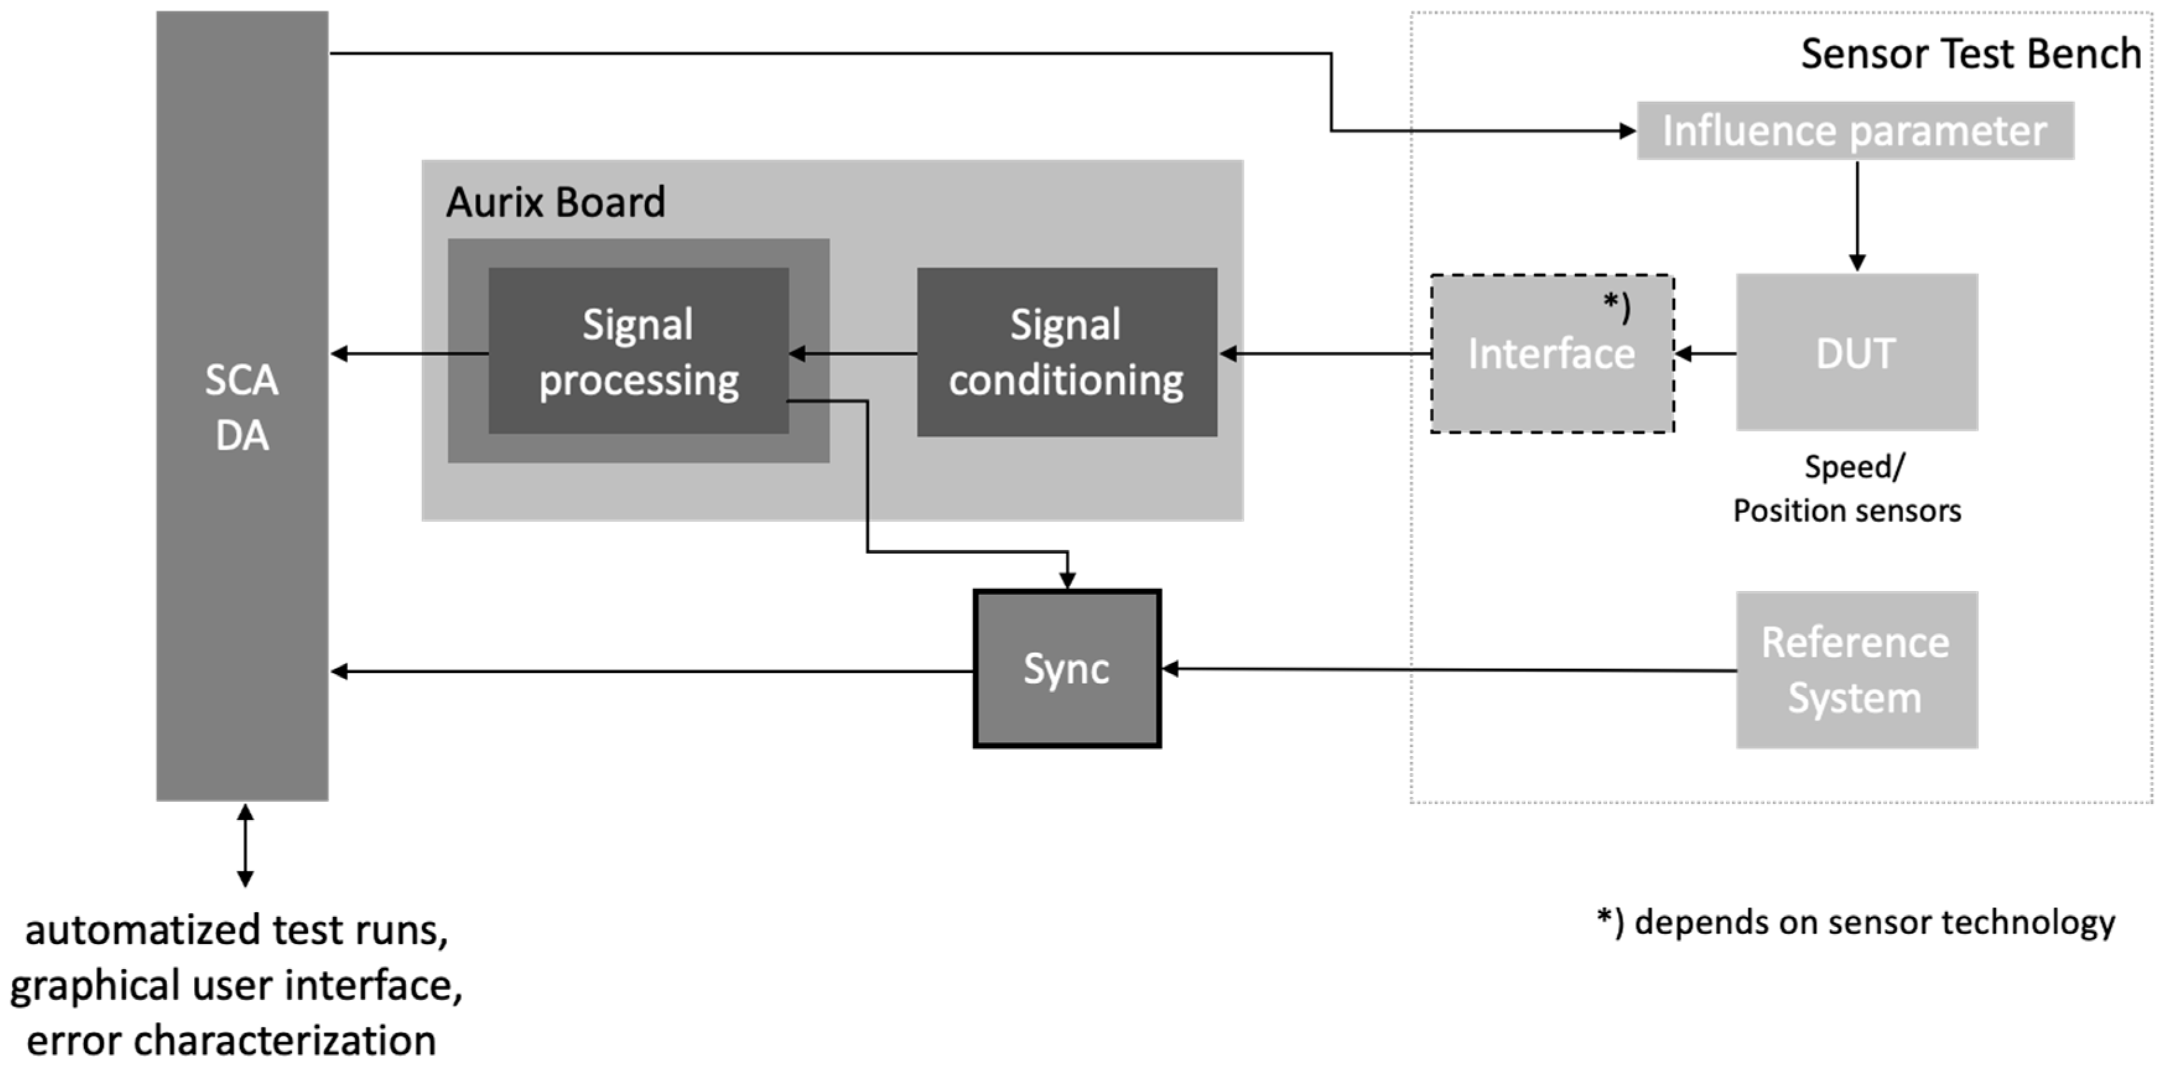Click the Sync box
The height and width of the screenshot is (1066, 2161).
click(x=1066, y=669)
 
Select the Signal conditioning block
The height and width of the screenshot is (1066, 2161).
click(x=1066, y=352)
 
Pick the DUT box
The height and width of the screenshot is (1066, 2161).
click(x=1856, y=352)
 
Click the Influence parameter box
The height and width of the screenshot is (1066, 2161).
click(x=1854, y=131)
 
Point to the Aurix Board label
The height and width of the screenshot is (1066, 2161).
click(x=555, y=202)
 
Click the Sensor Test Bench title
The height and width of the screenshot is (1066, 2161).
click(x=1970, y=54)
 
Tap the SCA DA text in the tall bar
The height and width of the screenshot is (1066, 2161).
click(x=241, y=407)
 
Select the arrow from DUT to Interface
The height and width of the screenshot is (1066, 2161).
click(x=1705, y=354)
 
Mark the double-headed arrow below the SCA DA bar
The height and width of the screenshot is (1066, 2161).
click(x=245, y=844)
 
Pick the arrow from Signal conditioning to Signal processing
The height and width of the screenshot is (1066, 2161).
click(x=852, y=354)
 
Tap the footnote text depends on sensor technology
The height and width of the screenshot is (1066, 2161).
click(x=1856, y=922)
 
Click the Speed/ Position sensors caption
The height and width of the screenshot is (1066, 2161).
click(x=1847, y=488)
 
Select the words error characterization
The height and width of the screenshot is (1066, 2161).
click(x=232, y=1040)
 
